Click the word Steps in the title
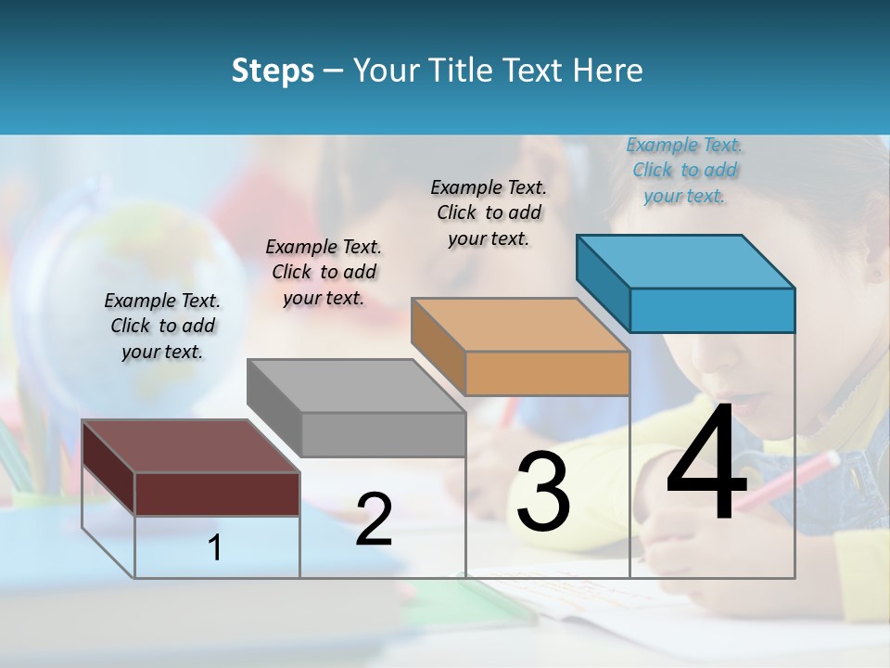coord(273,71)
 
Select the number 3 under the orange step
coord(543,492)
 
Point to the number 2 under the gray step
coord(374,520)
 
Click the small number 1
coord(215,548)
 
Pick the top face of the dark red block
coord(191,446)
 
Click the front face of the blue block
coord(712,310)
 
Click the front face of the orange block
coord(547,373)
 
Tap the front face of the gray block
coord(383,434)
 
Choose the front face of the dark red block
coord(217,494)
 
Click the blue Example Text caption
coord(684,171)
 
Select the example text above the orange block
coord(489,212)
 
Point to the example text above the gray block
coord(324,272)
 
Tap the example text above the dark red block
coord(162,326)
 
